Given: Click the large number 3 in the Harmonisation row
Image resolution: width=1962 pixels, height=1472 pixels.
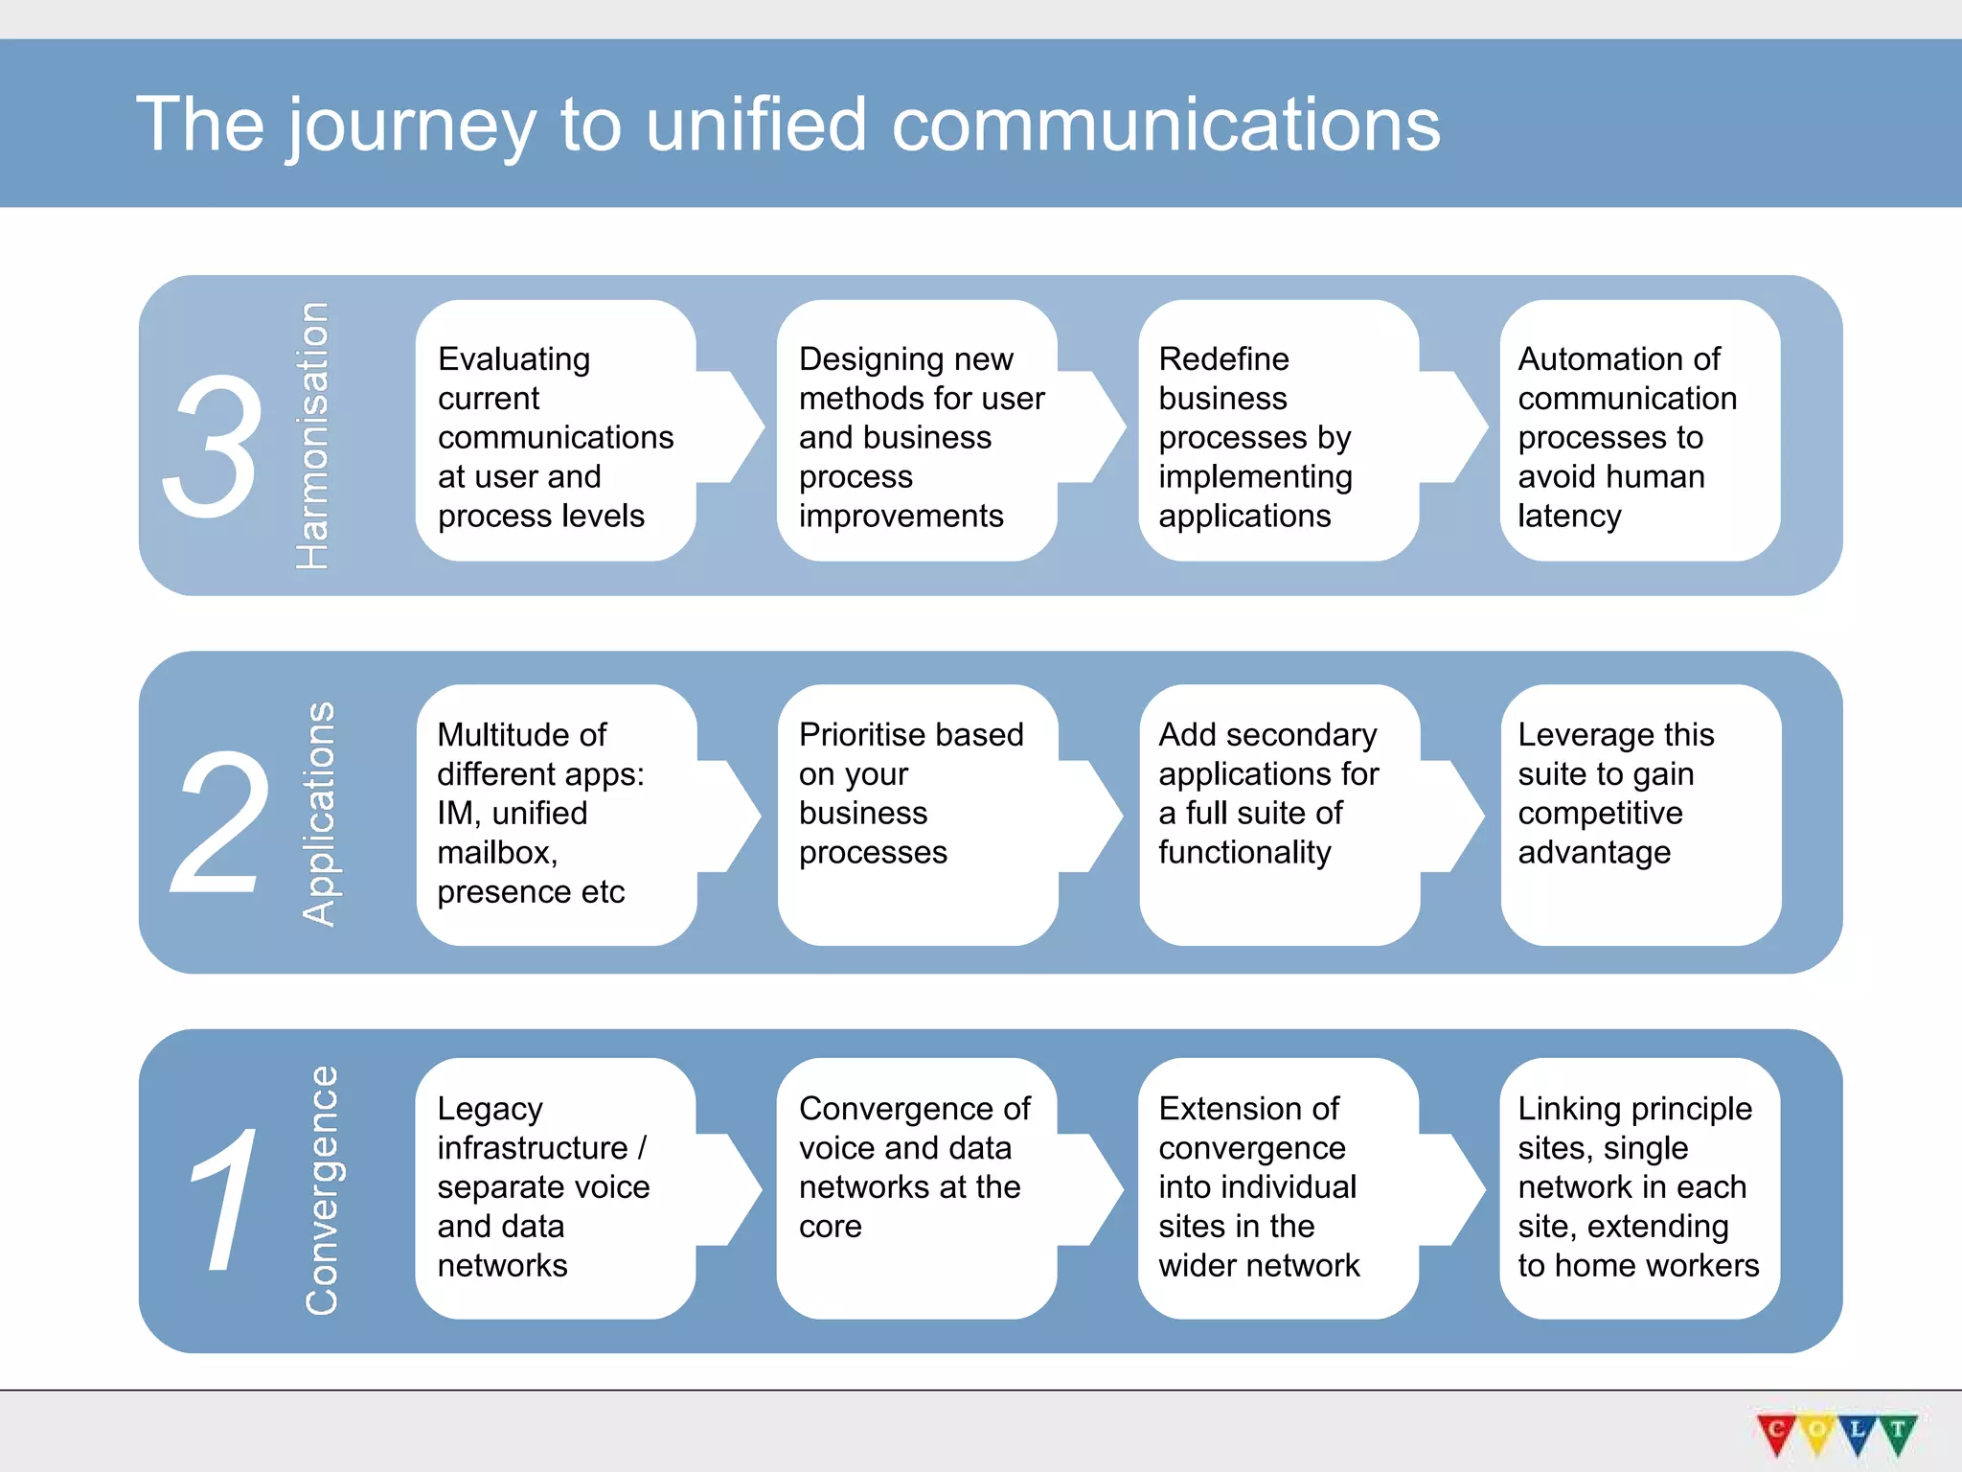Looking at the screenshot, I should pyautogui.click(x=213, y=446).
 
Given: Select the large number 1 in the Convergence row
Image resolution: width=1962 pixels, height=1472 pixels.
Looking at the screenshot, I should pyautogui.click(x=226, y=1200).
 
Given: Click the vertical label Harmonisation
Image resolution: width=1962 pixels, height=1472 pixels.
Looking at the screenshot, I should pyautogui.click(x=312, y=436).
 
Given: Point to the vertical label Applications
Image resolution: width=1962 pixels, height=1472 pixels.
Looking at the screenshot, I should pyautogui.click(x=318, y=815).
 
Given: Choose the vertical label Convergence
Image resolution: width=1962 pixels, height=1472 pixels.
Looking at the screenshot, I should pyautogui.click(x=322, y=1190).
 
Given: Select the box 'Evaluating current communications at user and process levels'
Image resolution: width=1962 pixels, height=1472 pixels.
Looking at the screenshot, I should pyautogui.click(x=556, y=431).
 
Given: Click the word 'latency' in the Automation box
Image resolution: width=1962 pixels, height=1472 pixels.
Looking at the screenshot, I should pyautogui.click(x=1569, y=517).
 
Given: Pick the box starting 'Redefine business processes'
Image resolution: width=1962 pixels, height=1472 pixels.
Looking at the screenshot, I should pyautogui.click(x=1277, y=431).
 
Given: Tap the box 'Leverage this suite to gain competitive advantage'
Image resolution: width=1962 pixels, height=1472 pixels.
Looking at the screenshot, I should pyautogui.click(x=1640, y=815).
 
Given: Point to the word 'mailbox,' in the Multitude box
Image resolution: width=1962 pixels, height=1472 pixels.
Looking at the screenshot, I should pyautogui.click(x=497, y=853).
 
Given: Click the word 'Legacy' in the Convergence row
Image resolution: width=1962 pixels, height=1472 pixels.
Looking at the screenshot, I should pyautogui.click(x=490, y=1110).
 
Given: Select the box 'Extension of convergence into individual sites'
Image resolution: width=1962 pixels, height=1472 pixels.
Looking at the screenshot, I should pyautogui.click(x=1277, y=1188).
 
